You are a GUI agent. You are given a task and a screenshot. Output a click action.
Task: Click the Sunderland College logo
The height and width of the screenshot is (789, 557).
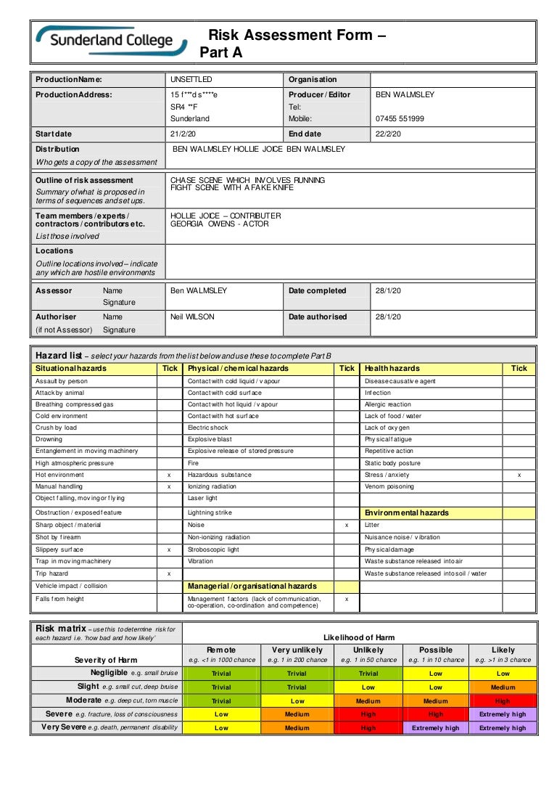point(110,41)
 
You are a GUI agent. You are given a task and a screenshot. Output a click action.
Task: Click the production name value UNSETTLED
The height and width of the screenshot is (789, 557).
point(191,80)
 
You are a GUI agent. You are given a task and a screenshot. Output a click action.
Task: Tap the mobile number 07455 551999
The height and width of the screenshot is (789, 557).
point(400,119)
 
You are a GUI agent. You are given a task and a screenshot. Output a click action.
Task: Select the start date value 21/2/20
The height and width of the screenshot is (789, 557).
point(183,134)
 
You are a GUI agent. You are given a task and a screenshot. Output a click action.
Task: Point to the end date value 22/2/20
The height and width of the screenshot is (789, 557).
point(388,134)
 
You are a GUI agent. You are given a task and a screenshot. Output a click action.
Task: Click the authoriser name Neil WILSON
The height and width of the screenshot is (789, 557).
point(192,317)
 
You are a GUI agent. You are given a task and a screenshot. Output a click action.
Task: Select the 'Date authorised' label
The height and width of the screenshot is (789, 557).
point(318,317)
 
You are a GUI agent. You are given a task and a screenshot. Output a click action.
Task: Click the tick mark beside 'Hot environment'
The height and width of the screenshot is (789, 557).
point(169,475)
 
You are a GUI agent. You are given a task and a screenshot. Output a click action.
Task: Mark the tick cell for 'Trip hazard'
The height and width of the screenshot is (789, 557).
point(169,573)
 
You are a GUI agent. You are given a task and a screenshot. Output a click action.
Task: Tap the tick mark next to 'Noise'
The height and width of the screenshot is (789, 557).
point(347,525)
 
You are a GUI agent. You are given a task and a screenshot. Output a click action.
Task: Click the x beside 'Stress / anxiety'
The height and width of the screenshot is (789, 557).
point(519,475)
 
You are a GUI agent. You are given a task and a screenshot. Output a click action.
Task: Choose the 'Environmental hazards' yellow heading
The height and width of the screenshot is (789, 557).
point(406,512)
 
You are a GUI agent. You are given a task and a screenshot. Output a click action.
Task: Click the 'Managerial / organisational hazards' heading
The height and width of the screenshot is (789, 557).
point(252,586)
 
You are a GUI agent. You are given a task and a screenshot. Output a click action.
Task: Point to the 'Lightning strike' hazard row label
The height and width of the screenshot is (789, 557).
point(210,512)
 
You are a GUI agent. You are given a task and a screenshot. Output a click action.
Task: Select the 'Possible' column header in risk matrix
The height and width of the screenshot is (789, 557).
point(435,650)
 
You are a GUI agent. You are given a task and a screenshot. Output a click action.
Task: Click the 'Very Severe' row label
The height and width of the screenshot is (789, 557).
point(109,727)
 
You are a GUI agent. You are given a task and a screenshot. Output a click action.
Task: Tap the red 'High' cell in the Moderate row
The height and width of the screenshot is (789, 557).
point(503,701)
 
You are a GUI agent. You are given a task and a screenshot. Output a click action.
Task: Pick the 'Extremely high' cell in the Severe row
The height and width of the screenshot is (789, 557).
point(503,714)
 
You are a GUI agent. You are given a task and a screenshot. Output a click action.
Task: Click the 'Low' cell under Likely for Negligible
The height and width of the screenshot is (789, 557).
point(503,674)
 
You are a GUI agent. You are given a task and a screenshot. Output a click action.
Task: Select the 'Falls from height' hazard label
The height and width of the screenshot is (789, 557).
point(59,599)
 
